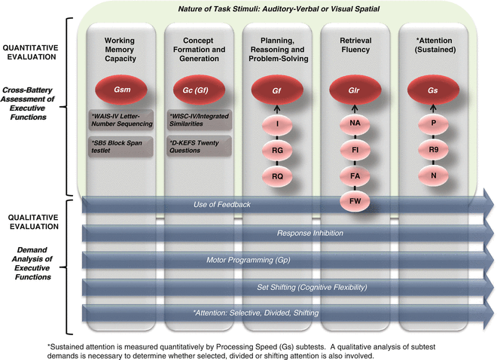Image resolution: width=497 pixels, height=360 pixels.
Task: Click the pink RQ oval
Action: [277, 175]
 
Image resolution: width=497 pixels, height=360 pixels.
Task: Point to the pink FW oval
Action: [355, 201]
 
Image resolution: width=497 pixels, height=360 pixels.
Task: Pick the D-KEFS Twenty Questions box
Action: [200, 145]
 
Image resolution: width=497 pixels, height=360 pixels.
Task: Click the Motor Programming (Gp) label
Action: [239, 260]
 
